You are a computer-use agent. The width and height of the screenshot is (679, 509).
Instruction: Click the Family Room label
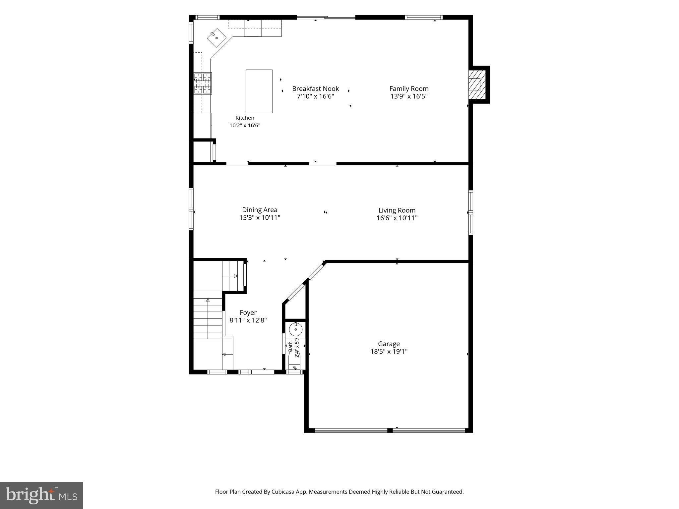tap(409, 88)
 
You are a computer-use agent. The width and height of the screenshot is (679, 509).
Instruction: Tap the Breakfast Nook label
tap(315, 88)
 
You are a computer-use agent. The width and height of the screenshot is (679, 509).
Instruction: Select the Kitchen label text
tap(245, 118)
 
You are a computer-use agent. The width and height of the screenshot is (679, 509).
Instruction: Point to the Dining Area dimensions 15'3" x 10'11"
tap(260, 218)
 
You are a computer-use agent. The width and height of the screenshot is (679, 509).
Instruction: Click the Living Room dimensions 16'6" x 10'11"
tap(397, 218)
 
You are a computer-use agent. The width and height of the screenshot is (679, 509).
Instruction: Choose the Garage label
tap(389, 344)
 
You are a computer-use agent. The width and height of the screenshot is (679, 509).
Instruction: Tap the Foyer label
tap(248, 312)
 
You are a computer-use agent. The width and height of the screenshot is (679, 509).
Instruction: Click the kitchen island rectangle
tap(259, 91)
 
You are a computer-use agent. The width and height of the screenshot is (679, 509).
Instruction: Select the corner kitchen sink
tap(216, 38)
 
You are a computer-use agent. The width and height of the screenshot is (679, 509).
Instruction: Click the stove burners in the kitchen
tap(203, 83)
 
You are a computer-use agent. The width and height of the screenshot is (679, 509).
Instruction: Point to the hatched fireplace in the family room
tap(477, 85)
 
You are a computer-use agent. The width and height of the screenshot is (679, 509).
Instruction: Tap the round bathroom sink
tap(295, 330)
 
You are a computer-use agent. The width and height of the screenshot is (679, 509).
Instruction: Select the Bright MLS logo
tap(41, 495)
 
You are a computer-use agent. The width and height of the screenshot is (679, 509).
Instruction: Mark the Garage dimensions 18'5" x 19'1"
tap(389, 352)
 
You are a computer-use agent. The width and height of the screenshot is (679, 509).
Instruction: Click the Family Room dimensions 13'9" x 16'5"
tap(409, 96)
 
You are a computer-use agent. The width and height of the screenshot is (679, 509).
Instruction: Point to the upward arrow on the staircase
tap(208, 318)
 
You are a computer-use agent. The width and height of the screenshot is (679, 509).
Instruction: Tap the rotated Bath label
tap(290, 347)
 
